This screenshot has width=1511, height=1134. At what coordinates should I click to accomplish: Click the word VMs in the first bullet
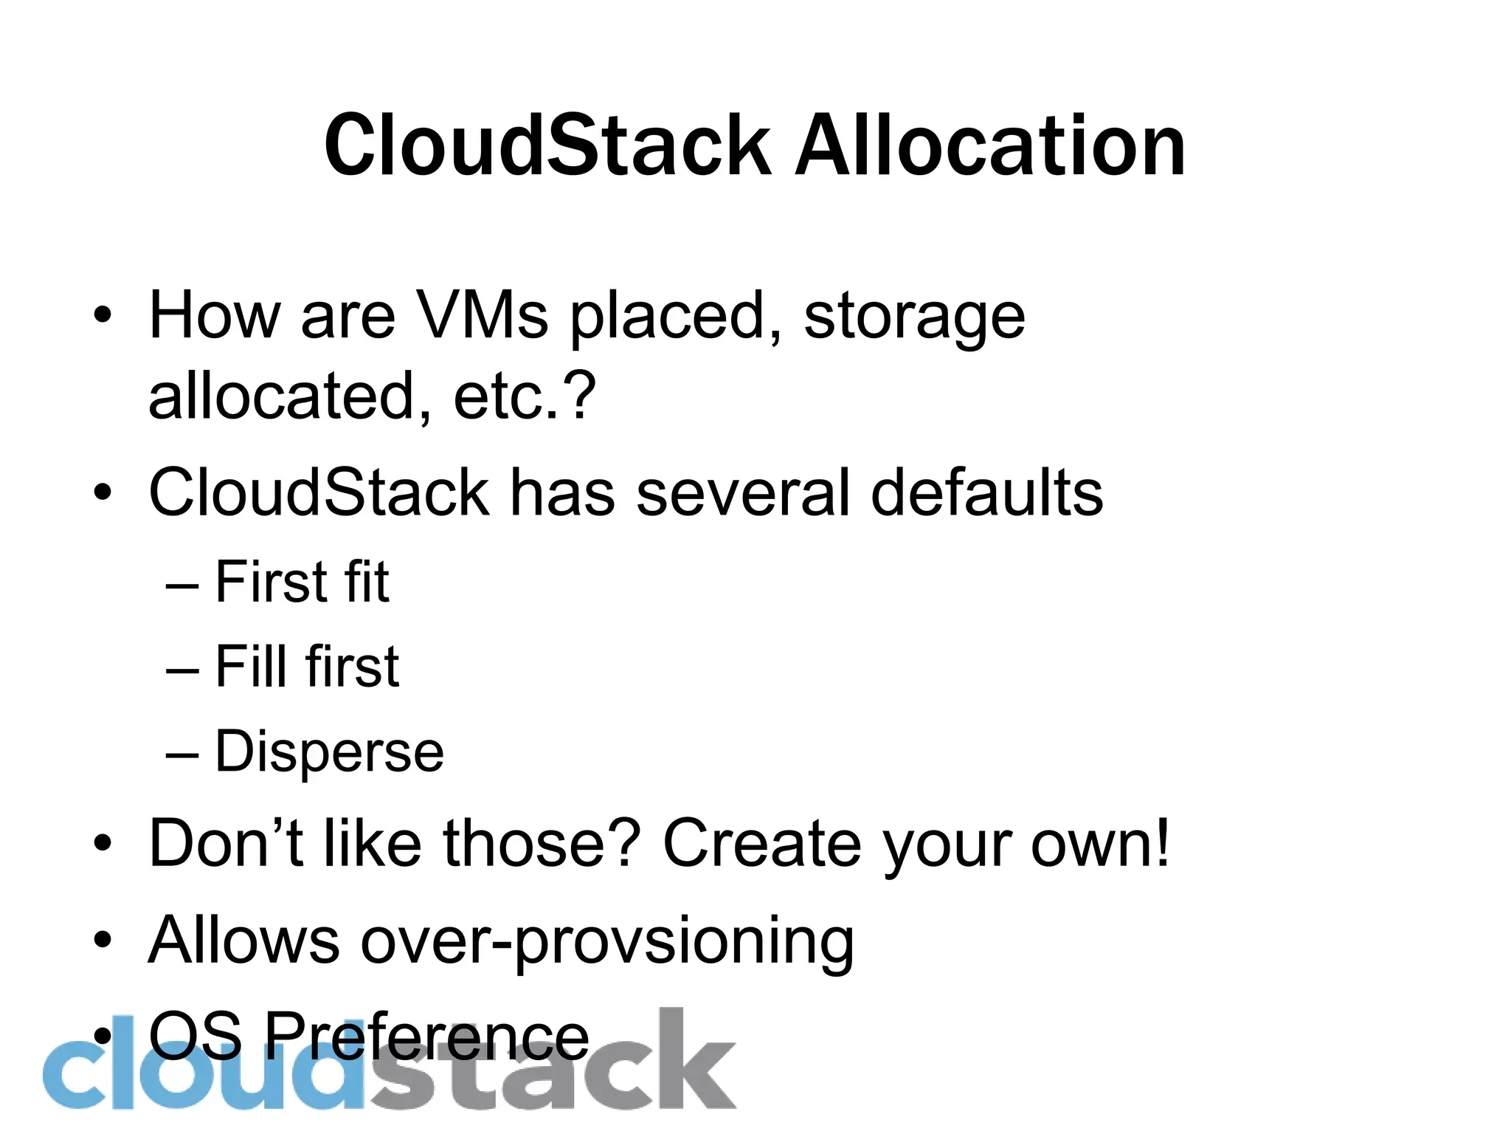point(483,315)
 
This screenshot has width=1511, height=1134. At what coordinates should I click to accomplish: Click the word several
point(742,492)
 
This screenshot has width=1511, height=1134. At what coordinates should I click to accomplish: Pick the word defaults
point(986,492)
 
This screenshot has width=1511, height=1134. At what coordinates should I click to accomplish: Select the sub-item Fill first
point(307,666)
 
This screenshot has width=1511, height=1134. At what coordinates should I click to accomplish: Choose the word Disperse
point(329,752)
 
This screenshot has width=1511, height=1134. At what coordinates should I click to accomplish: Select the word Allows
point(243,940)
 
